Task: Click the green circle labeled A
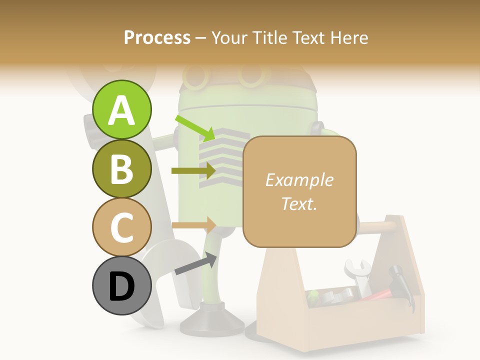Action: tap(122, 110)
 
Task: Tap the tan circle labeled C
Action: tap(122, 227)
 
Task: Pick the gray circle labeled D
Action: tap(122, 286)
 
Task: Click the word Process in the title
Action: tap(157, 37)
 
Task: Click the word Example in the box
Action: tap(299, 180)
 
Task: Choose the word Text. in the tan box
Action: tap(299, 203)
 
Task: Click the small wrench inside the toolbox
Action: tap(358, 275)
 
